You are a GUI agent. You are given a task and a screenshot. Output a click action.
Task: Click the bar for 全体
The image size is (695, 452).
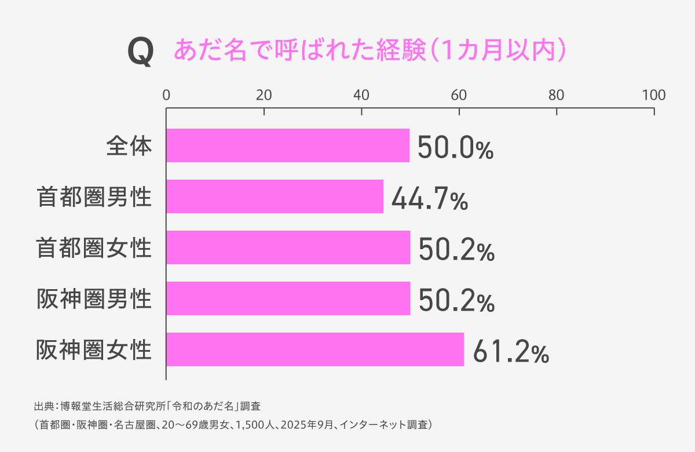point(288,145)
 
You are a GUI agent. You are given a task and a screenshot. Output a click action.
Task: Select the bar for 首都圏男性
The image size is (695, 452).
point(275,196)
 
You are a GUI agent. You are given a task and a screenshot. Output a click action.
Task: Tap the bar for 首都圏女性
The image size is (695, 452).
point(288,247)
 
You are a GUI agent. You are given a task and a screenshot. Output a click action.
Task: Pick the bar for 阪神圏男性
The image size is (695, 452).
point(288,298)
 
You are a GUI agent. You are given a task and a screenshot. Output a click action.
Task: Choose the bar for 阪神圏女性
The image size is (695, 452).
point(315,349)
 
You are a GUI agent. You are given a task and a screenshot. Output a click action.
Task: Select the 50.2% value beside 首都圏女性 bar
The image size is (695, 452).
point(456,250)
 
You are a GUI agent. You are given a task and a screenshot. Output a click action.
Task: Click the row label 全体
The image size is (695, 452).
point(129,146)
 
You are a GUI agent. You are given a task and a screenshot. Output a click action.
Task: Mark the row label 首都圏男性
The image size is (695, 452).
point(94,197)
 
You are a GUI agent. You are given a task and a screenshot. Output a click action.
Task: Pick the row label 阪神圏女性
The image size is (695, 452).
point(94,350)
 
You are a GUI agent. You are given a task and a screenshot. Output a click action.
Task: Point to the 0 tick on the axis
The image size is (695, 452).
point(166,95)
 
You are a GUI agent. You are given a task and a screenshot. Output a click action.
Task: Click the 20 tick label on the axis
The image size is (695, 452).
point(264,95)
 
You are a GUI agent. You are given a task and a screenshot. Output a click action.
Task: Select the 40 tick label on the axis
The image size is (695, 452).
point(361,95)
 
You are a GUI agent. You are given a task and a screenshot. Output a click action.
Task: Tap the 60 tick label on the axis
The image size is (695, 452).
point(459,95)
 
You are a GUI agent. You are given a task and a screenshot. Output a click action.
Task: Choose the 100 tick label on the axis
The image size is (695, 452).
point(654,95)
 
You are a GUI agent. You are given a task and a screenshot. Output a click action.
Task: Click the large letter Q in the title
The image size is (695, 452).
point(141,52)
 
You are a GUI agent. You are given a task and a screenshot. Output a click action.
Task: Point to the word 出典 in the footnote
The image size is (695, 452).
point(44,406)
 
